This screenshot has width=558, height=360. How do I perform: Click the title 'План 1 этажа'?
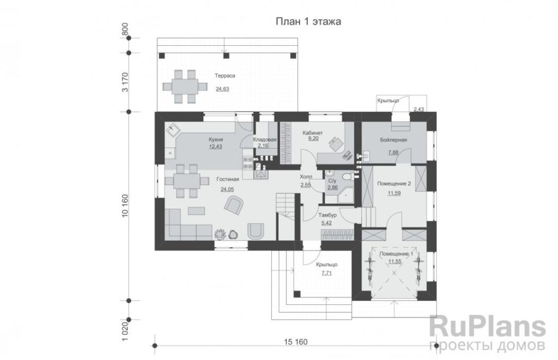click(x=308, y=22)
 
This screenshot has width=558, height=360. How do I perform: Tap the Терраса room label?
click(x=225, y=76)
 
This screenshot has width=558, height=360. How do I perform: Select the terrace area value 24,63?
click(x=222, y=89)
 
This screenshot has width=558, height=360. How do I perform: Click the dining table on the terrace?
click(x=185, y=87)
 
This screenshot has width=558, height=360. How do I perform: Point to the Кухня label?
click(x=216, y=139)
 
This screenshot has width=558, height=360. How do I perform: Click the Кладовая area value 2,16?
click(x=263, y=145)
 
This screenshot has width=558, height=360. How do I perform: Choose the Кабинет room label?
click(x=313, y=133)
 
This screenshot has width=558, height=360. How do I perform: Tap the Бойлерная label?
click(x=393, y=140)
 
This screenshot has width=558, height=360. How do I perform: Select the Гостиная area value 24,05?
click(x=227, y=189)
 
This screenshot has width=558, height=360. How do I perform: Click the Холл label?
click(x=306, y=177)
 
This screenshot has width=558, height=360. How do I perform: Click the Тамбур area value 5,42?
click(x=326, y=223)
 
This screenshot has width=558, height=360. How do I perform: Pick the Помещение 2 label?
click(x=394, y=184)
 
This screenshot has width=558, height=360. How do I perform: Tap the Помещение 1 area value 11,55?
click(x=395, y=261)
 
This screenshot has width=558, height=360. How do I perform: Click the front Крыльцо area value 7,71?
click(x=326, y=273)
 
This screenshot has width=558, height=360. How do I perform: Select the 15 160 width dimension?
click(x=296, y=342)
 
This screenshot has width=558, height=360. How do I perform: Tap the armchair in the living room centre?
click(x=234, y=206)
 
